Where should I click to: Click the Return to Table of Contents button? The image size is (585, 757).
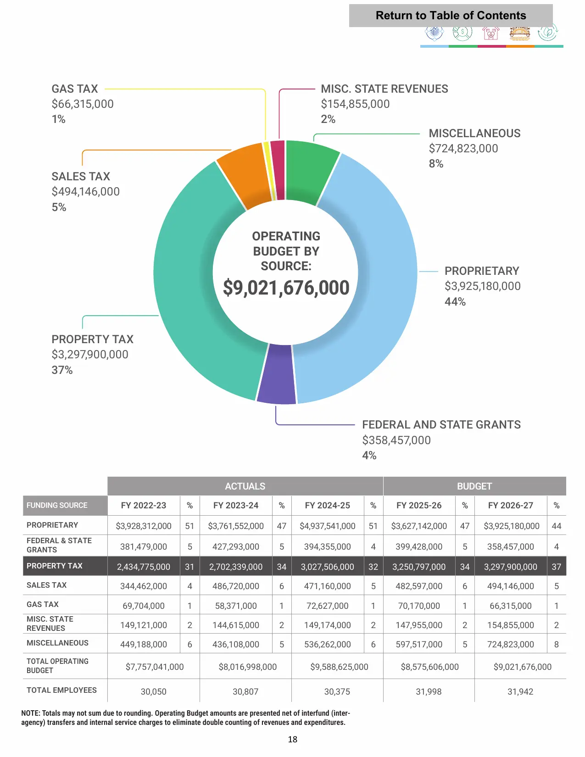pos(451,15)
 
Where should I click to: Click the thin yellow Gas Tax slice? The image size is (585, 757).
pos(270,171)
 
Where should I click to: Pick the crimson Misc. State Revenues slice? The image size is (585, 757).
pos(279,170)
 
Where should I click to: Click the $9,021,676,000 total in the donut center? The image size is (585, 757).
pos(286,288)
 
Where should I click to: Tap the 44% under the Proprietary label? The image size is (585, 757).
pos(455,301)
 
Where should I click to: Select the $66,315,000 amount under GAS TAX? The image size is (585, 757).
pos(83,104)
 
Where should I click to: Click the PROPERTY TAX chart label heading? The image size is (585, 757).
pos(92,339)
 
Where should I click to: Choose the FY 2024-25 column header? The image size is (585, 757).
pos(327,505)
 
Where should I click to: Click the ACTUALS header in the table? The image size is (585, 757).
pos(245,486)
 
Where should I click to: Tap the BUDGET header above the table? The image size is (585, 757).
pos(474,486)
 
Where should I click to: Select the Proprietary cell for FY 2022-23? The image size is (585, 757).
pos(144,526)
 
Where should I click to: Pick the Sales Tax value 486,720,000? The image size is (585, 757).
pos(235,586)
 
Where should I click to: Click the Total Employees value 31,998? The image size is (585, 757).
pos(429,691)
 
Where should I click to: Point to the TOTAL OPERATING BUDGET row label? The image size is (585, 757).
pos(57,666)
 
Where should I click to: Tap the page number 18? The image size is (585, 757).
pos(293,739)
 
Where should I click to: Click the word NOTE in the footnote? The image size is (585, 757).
pos(30,713)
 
